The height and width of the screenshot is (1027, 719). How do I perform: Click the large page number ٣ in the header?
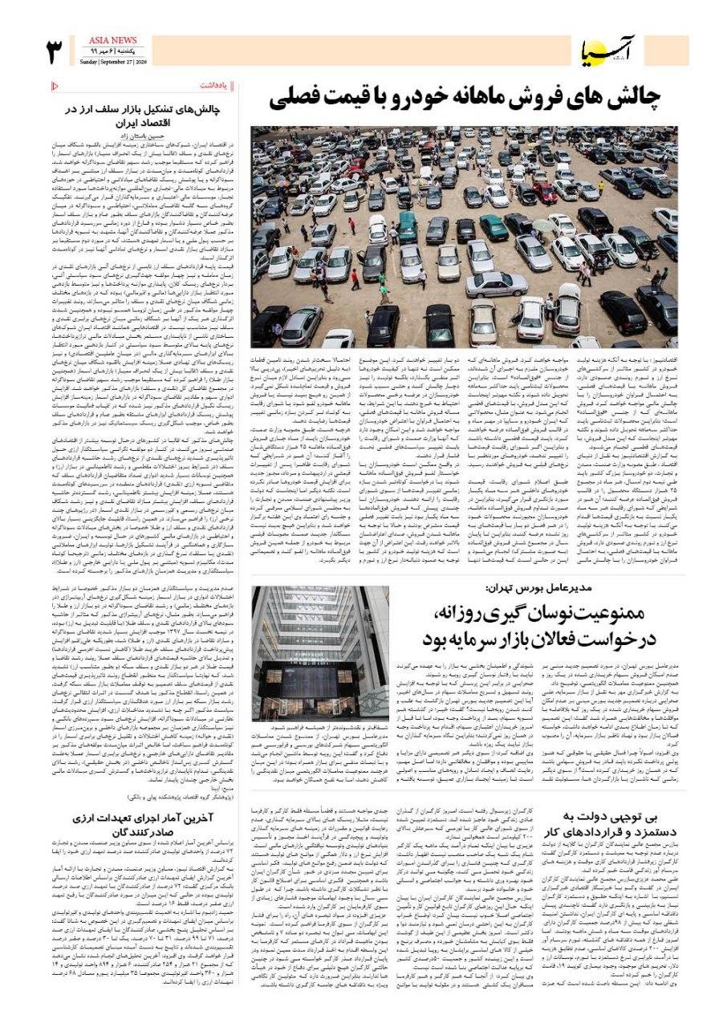click(55, 51)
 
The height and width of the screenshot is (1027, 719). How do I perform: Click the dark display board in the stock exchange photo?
click(308, 682)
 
